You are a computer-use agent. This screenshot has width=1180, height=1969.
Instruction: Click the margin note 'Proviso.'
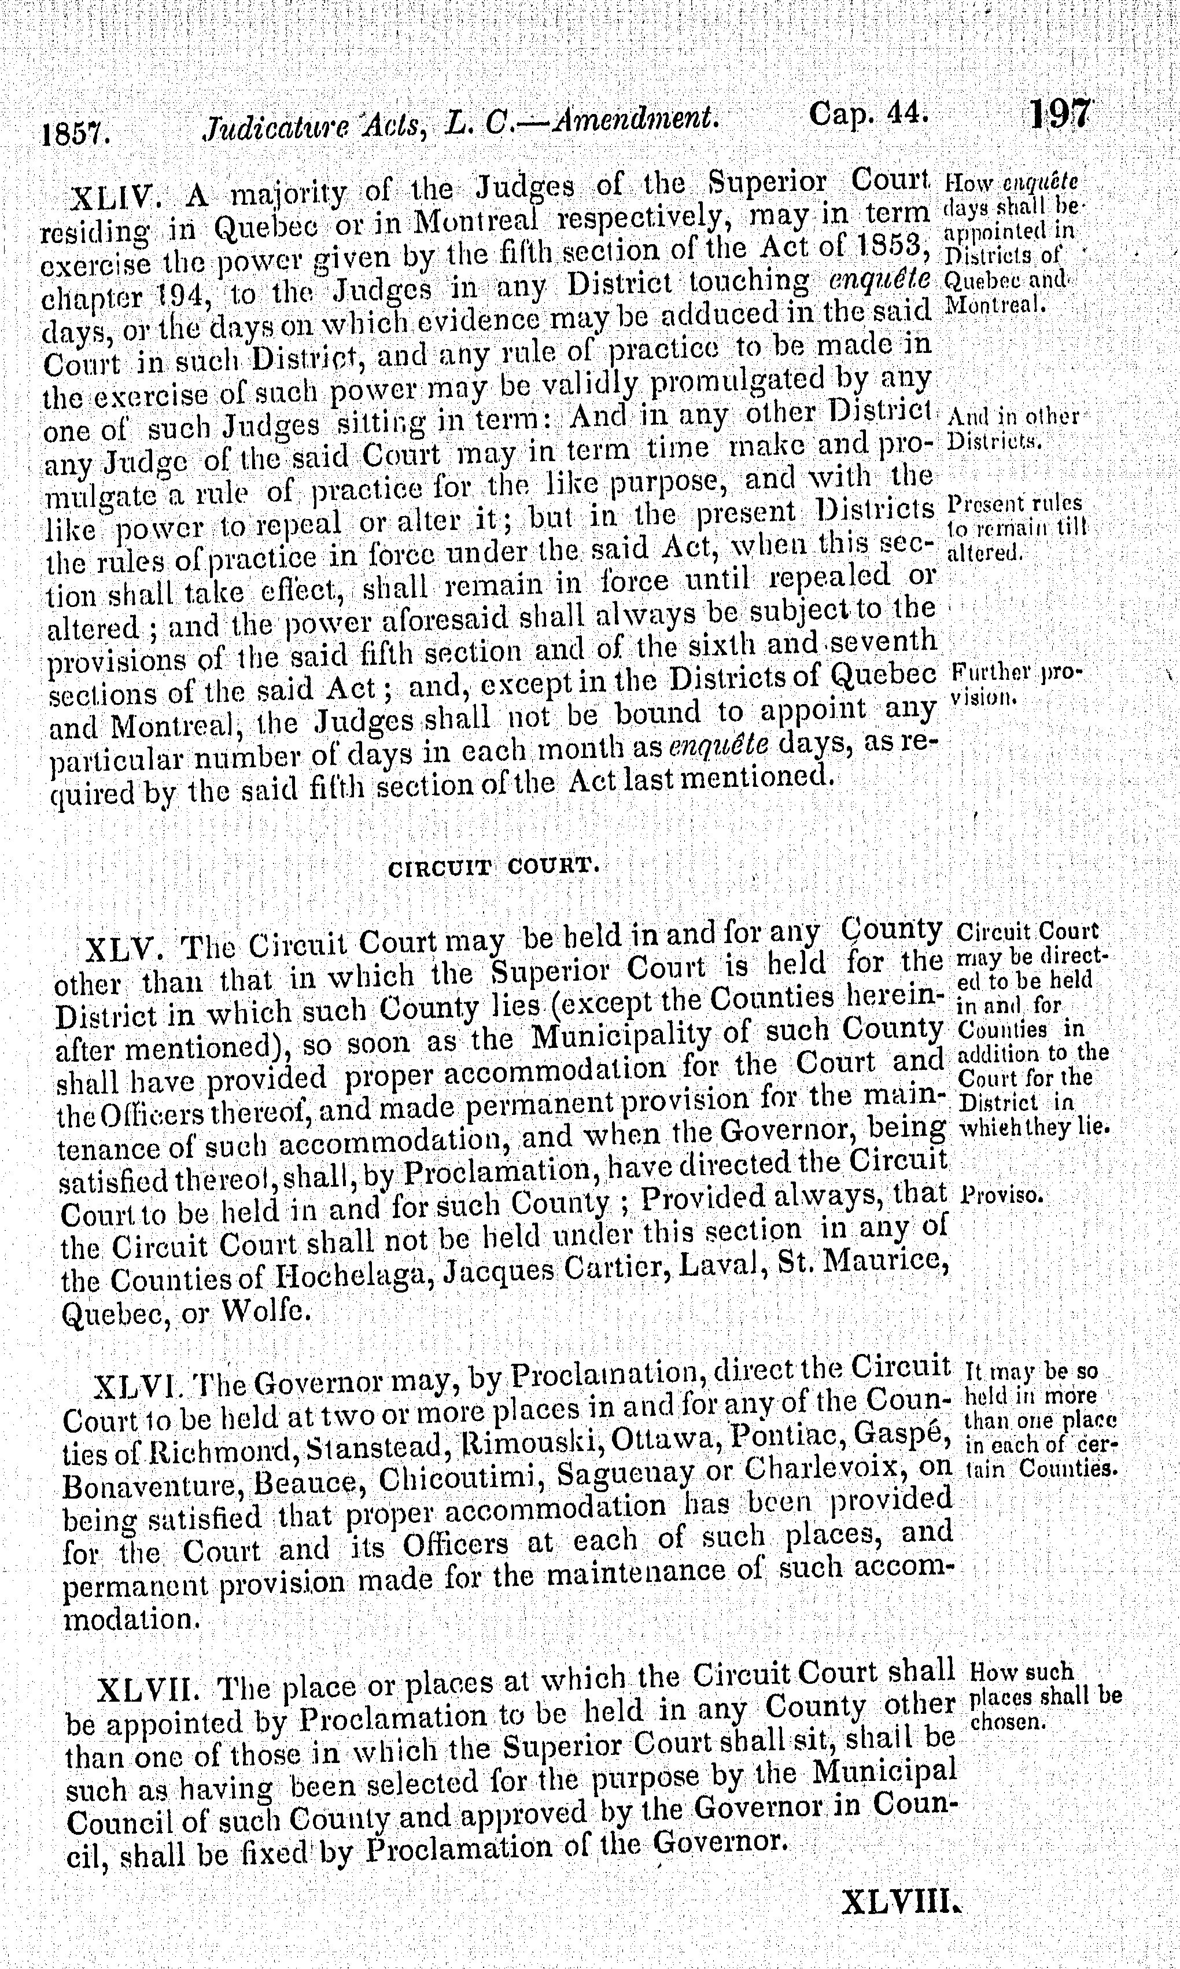(x=1002, y=1194)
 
